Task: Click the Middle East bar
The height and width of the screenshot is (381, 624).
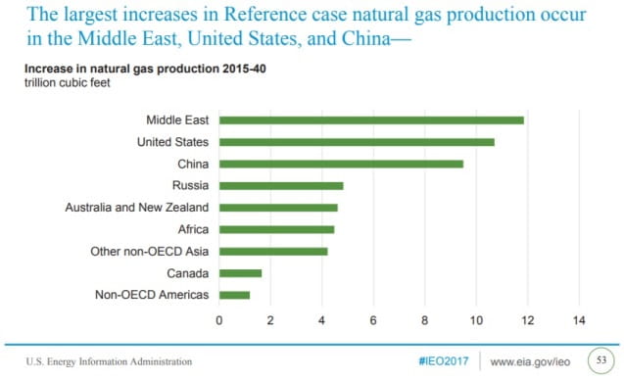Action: point(371,120)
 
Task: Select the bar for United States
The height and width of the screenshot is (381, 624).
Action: point(357,142)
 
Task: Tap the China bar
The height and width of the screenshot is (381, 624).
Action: point(341,164)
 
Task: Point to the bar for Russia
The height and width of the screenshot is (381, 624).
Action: point(281,185)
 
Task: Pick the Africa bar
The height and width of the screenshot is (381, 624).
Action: point(276,229)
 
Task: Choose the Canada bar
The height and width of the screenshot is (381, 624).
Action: point(240,273)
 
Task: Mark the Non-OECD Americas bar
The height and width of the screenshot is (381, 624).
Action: point(234,295)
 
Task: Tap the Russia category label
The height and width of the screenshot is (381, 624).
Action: point(190,185)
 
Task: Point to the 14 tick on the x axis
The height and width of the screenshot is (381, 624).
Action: point(579,319)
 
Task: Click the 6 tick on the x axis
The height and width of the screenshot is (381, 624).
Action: point(373,319)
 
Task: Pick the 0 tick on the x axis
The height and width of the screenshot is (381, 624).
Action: point(219,319)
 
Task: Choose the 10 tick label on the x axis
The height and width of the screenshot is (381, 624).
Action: point(476,319)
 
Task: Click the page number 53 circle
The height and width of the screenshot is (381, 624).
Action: point(600,360)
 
